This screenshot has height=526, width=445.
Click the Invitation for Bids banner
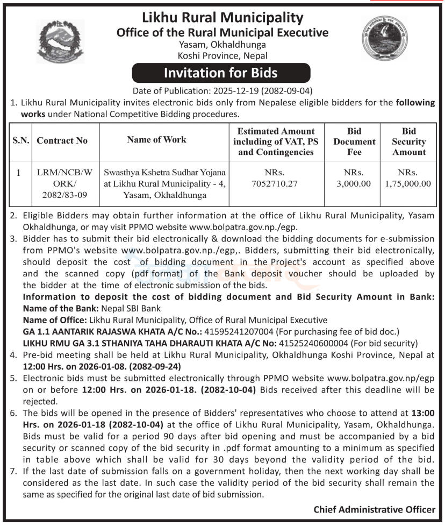coord(221,72)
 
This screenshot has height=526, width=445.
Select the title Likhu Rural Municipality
coord(222,18)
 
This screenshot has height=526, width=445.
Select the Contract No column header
coord(62,141)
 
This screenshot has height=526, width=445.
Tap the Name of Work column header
coord(156,139)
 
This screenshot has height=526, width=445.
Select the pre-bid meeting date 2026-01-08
coord(102,367)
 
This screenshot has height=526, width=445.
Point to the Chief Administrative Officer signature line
coord(374,509)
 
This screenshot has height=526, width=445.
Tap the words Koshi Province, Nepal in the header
coord(223,55)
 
